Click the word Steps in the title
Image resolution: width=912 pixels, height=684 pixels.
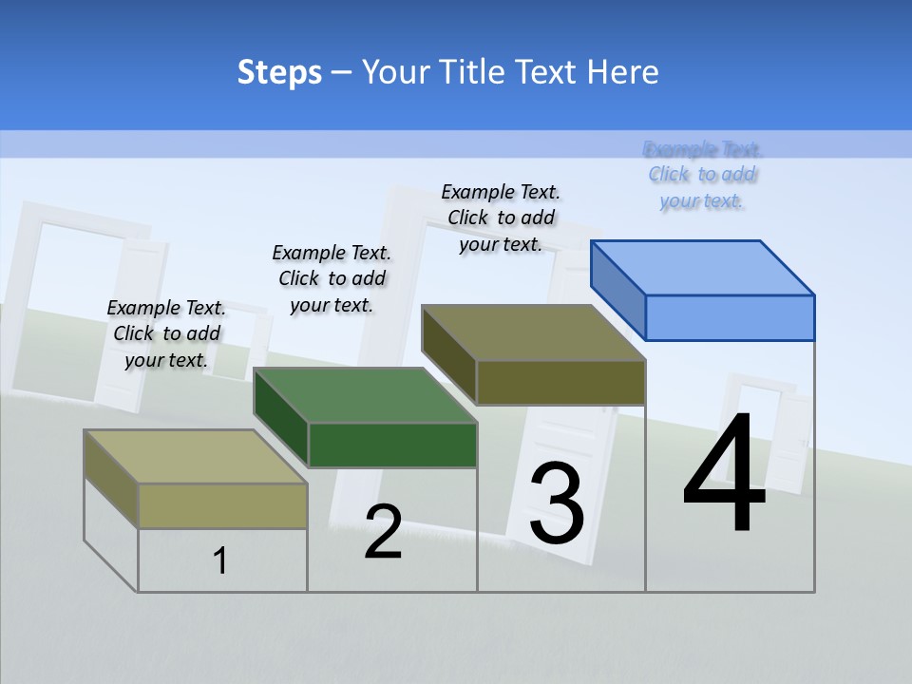pos(279,72)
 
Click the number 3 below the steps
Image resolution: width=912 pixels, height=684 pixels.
pos(557,503)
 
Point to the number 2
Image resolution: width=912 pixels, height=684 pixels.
pos(383,532)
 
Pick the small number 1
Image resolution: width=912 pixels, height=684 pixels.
pos(220,560)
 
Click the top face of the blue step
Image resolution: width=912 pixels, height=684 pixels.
pos(703,267)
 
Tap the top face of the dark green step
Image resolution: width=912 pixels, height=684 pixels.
pos(366,394)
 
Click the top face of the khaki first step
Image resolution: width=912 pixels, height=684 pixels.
pos(196,456)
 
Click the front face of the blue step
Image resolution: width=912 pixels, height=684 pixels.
pos(730,317)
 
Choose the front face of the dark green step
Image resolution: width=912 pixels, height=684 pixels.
pos(392,445)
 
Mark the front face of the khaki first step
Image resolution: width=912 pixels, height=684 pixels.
pos(222,505)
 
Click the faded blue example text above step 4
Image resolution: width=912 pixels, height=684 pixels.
pos(702,175)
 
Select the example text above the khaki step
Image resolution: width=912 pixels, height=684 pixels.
pos(166,333)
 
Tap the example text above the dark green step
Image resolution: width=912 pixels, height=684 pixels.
pos(332,278)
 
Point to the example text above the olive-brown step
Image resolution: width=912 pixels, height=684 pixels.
pos(501,218)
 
